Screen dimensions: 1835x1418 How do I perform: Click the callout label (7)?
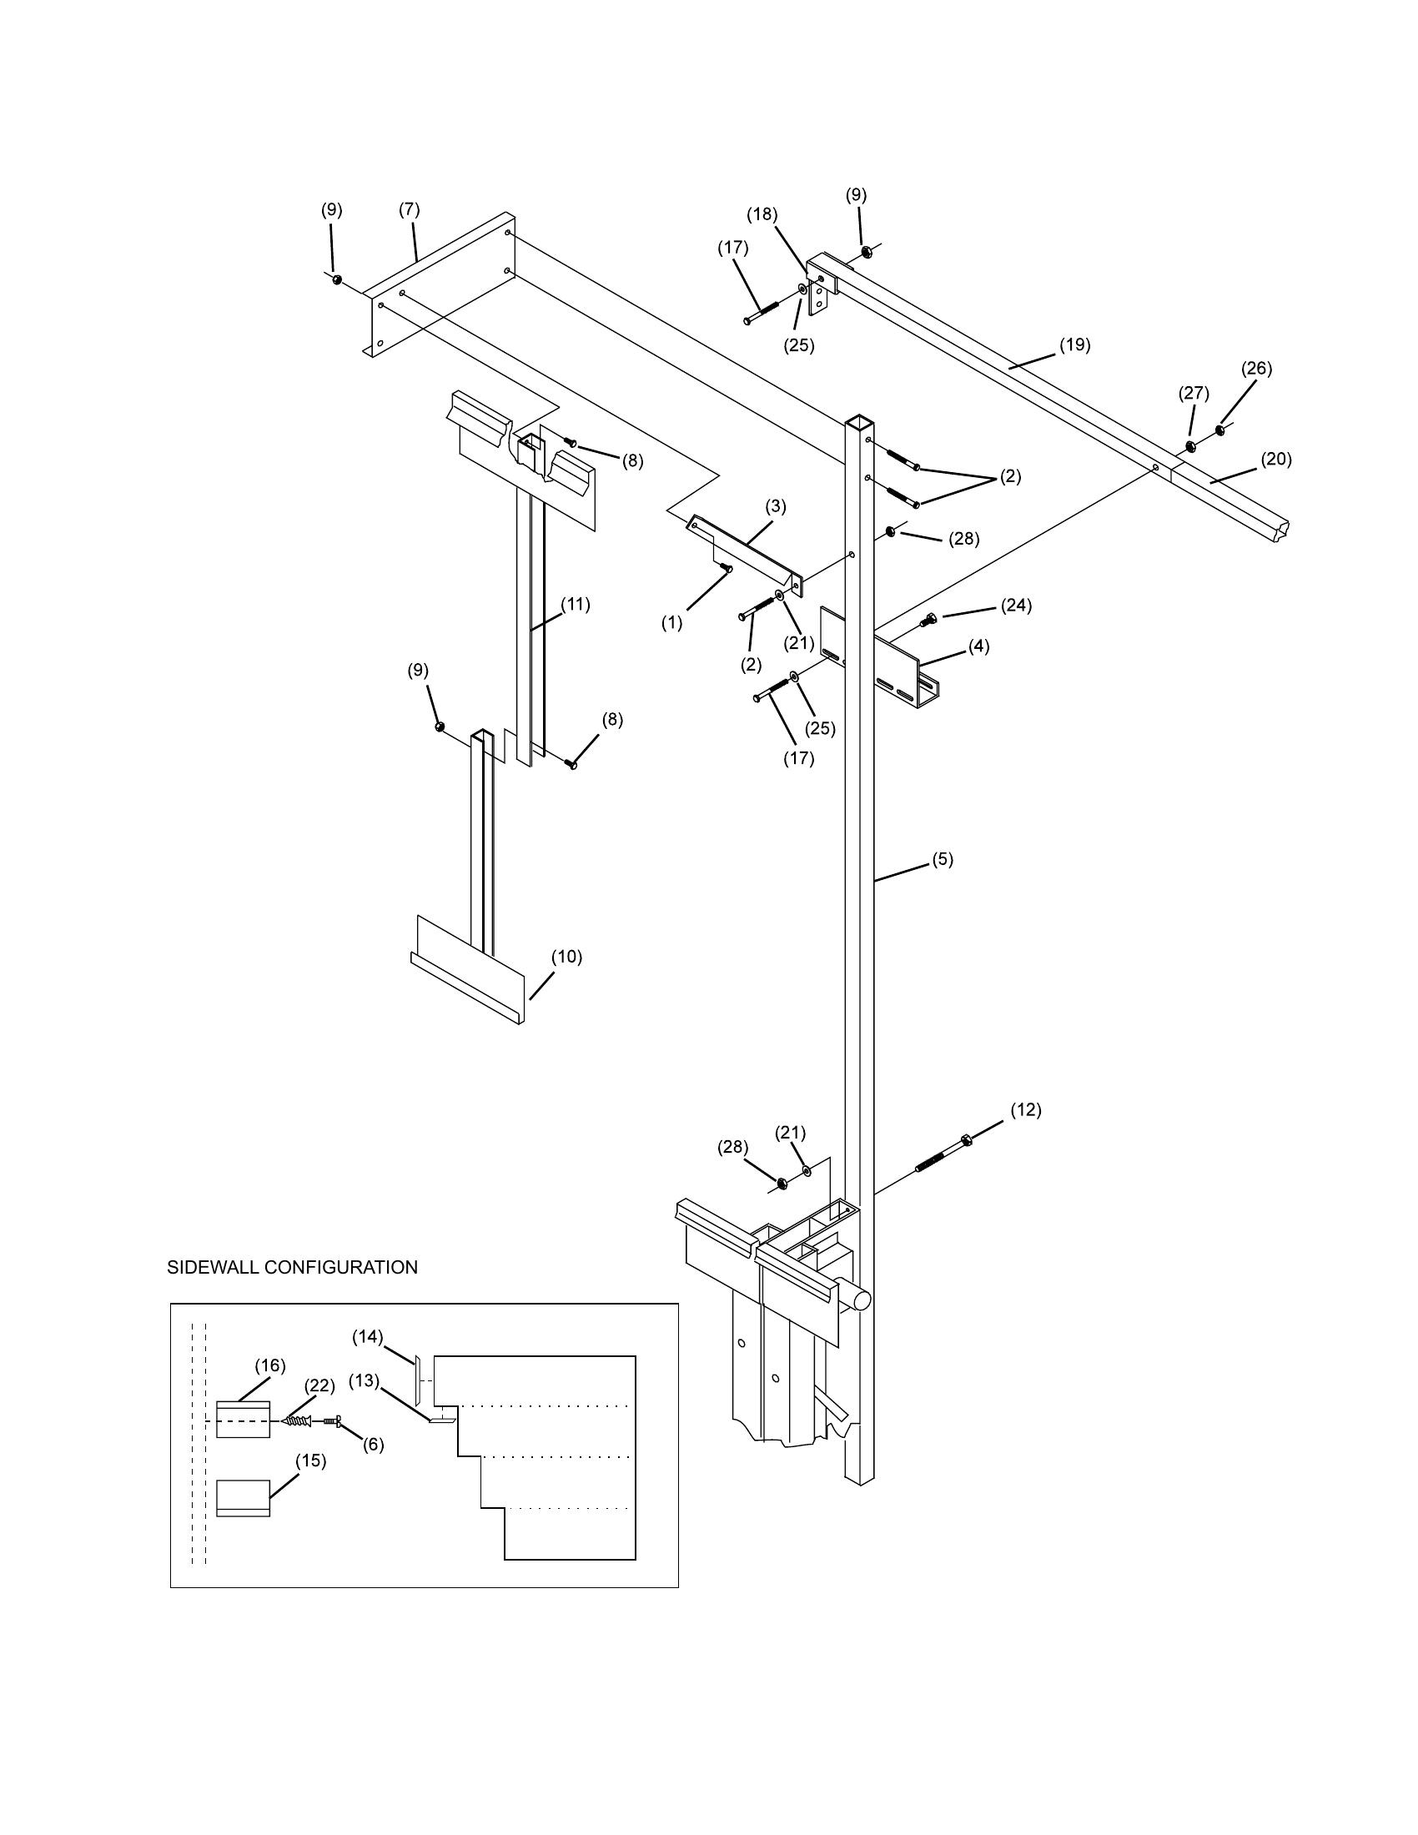coord(409,209)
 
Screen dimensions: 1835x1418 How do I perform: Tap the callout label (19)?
coord(1074,344)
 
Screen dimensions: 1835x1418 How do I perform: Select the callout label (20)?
coord(1276,460)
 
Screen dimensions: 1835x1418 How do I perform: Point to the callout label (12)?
coord(1025,1110)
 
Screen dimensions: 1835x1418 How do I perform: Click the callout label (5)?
coord(943,859)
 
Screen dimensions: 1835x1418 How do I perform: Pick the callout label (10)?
coord(566,957)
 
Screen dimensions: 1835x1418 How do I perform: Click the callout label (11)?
coord(576,604)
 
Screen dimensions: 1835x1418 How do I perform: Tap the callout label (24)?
coord(1016,606)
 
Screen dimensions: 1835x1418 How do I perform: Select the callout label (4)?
coord(978,647)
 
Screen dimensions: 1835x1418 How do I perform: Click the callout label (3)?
coord(776,506)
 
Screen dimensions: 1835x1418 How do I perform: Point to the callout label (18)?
coord(762,214)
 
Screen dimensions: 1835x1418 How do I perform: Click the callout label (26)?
coord(1257,368)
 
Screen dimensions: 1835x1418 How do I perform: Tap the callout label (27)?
coord(1193,393)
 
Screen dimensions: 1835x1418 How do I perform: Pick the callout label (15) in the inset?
coord(311,1461)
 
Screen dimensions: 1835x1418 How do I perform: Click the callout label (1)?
coord(672,623)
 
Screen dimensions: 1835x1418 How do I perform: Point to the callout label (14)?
coord(367,1336)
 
